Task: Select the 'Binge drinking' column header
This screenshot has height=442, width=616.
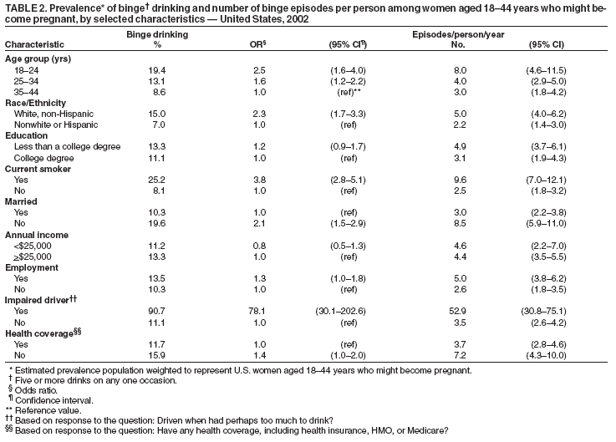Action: pyautogui.click(x=156, y=33)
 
